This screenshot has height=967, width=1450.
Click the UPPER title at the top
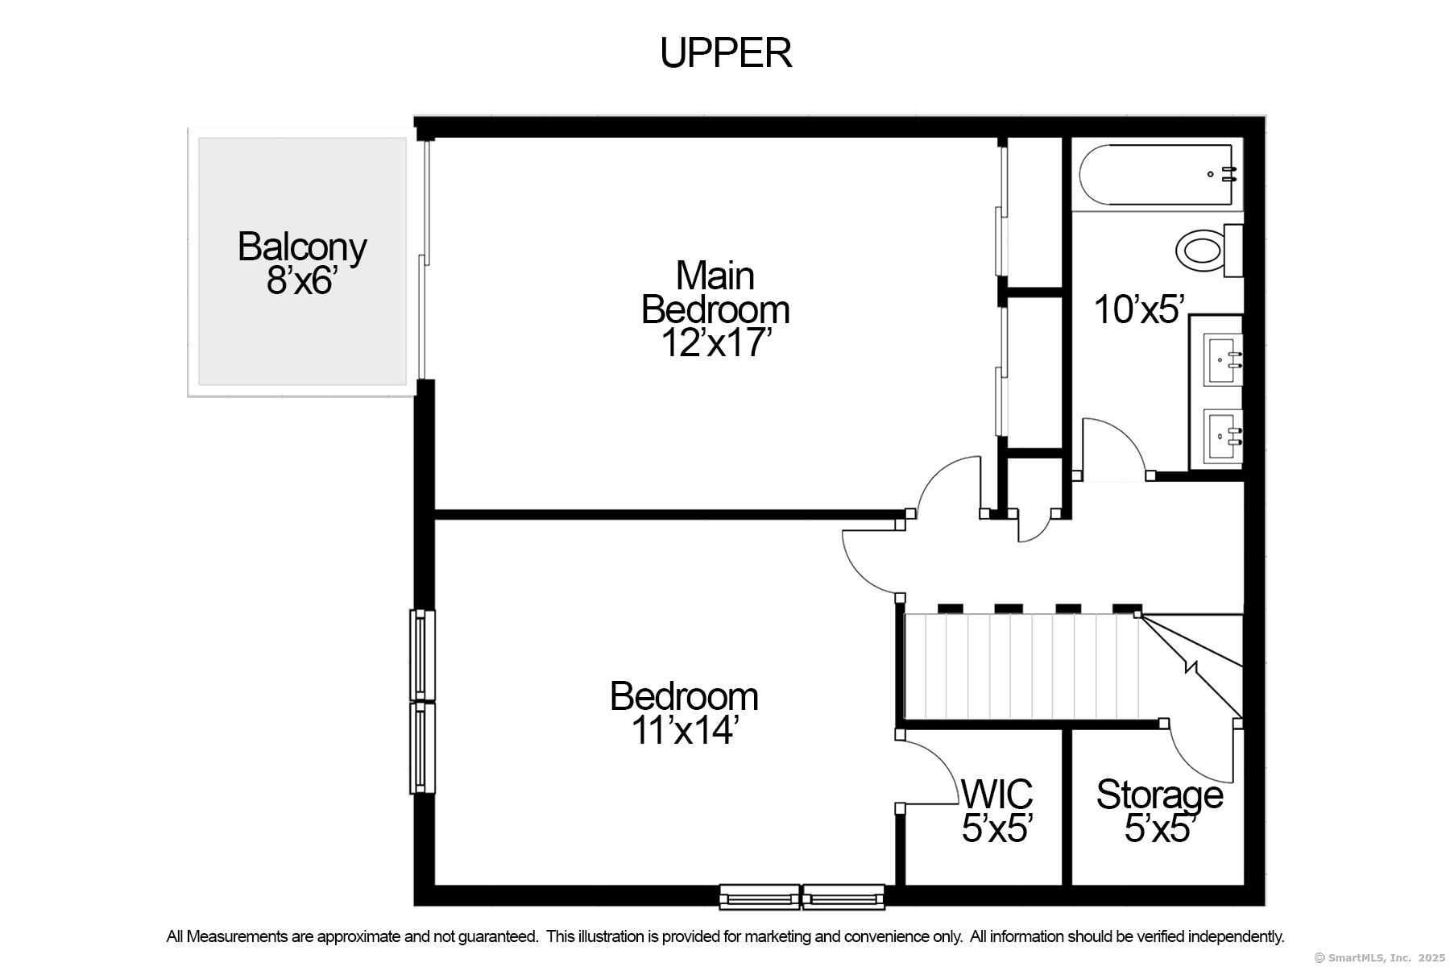pos(726,53)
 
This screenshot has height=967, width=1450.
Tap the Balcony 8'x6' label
pos(302,264)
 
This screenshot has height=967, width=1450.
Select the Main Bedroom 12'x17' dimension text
pos(716,343)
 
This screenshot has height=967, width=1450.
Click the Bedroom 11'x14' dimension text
pos(684,731)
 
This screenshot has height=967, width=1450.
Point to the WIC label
pos(997,795)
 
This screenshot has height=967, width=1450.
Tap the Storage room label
pos(1159,795)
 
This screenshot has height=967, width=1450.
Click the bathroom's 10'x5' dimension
pos(1140,309)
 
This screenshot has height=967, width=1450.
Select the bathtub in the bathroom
pos(1156,174)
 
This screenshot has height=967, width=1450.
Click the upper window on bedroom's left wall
pos(422,655)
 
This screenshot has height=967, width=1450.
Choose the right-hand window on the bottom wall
pos(843,897)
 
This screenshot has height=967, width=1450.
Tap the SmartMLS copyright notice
pos(1379,957)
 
